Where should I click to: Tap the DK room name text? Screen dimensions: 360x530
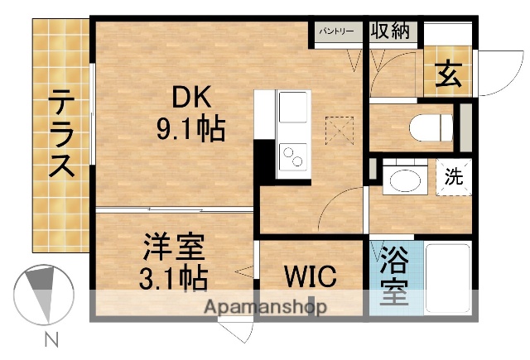pyautogui.click(x=191, y=97)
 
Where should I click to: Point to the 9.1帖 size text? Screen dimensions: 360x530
pyautogui.click(x=191, y=128)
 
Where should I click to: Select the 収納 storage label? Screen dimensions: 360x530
pyautogui.click(x=390, y=31)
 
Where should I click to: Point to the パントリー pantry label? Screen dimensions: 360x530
pyautogui.click(x=337, y=31)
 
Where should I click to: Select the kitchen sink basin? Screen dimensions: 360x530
pyautogui.click(x=291, y=107)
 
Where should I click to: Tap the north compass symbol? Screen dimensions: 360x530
pyautogui.click(x=40, y=294)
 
